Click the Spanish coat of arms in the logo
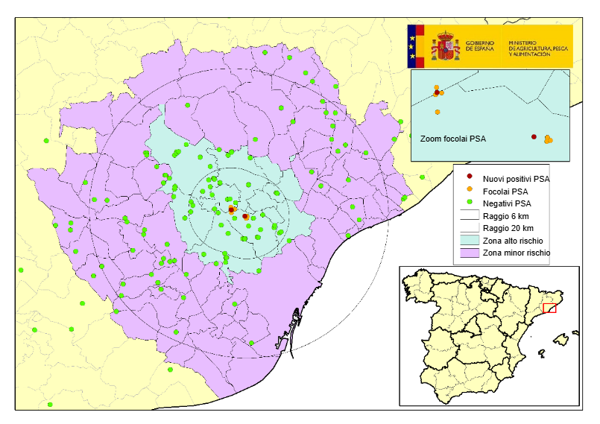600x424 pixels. [x=446, y=46]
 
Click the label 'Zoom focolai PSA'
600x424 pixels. [x=452, y=139]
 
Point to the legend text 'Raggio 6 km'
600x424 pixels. [x=506, y=216]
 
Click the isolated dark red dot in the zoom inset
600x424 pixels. [x=534, y=136]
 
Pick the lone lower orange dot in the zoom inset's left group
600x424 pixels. [x=437, y=112]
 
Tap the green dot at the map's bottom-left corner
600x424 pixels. [x=50, y=405]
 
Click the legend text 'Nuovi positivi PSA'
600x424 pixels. [x=517, y=179]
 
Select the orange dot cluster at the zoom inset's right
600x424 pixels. [x=549, y=139]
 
